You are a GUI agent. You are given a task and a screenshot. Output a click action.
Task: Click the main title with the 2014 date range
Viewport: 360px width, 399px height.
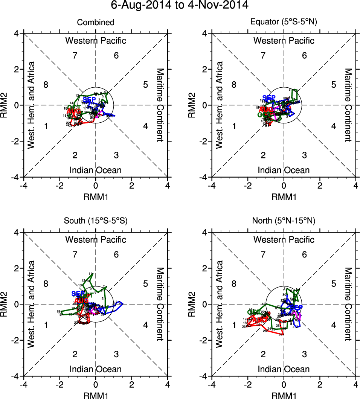[180, 5]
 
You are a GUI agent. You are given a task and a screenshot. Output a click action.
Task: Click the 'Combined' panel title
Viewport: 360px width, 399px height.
[96, 23]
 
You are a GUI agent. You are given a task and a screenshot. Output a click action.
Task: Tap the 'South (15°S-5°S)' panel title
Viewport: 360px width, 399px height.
[96, 221]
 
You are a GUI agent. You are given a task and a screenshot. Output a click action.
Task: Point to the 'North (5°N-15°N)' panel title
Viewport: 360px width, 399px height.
[284, 221]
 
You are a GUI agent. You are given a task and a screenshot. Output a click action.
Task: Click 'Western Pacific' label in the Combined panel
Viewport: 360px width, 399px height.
[96, 41]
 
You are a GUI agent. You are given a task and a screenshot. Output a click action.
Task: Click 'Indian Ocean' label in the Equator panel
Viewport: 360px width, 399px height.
[284, 170]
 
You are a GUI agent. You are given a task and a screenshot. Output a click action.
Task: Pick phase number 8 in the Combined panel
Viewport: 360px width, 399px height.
[46, 84]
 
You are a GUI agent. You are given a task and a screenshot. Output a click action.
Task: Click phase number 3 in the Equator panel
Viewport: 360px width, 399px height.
[304, 155]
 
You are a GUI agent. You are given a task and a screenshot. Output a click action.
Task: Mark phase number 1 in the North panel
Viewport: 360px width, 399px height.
[234, 325]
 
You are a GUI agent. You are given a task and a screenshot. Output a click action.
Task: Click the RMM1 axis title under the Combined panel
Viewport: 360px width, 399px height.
[96, 196]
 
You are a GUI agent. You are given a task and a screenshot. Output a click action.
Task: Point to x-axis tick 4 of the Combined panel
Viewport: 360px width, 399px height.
[168, 186]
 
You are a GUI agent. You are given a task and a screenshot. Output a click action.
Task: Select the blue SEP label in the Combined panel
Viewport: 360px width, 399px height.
[89, 100]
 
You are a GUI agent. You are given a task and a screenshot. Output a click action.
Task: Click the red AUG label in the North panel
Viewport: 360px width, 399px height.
[259, 320]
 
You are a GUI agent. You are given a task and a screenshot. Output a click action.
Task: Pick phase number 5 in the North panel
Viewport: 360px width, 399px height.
[333, 283]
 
